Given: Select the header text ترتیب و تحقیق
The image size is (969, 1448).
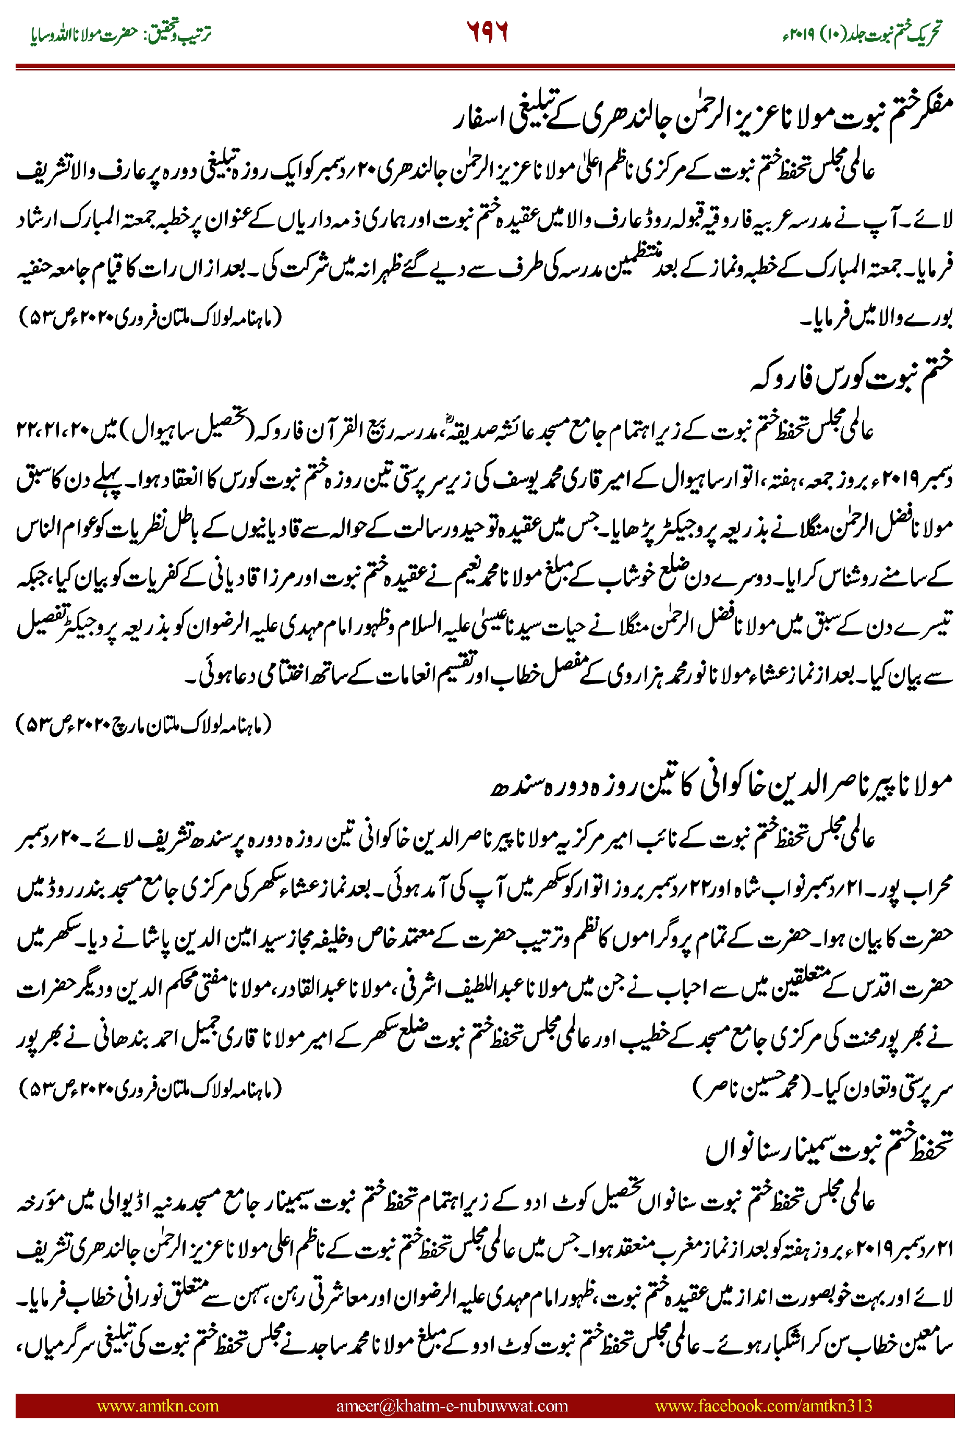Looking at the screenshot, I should [179, 33].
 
